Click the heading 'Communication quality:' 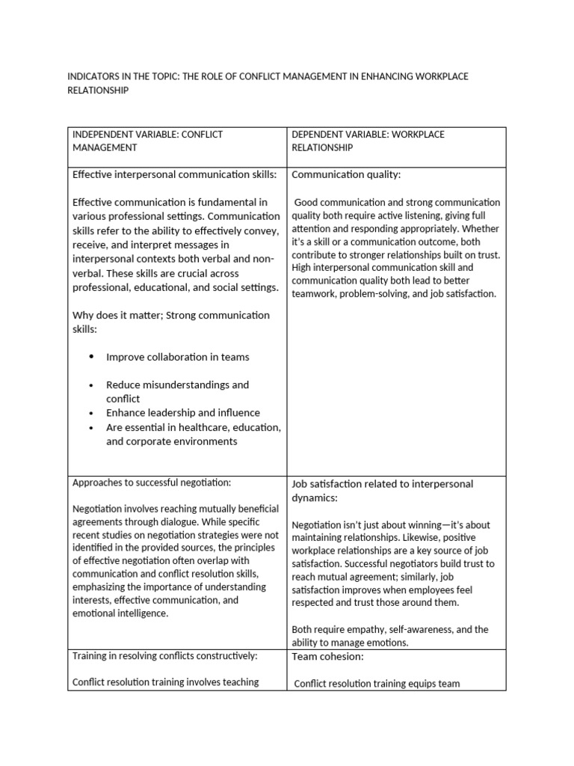point(346,175)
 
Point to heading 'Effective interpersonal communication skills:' point(174,175)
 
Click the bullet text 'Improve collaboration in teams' point(177,357)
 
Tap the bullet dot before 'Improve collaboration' point(91,357)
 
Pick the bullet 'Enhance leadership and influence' point(182,413)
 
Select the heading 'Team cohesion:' point(327,657)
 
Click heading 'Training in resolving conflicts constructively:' point(164,656)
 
